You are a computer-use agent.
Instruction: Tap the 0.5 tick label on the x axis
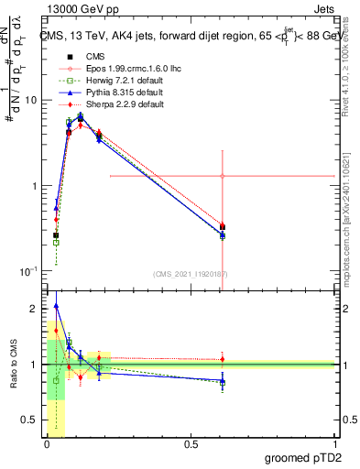pyautogui.click(x=191, y=443)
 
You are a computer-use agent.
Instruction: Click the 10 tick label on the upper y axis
pyautogui.click(x=30, y=100)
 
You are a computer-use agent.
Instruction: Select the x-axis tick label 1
pyautogui.click(x=334, y=443)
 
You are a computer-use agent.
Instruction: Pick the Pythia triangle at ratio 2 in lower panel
pyautogui.click(x=57, y=306)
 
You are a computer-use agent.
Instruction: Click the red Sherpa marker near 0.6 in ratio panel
pyautogui.click(x=223, y=359)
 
